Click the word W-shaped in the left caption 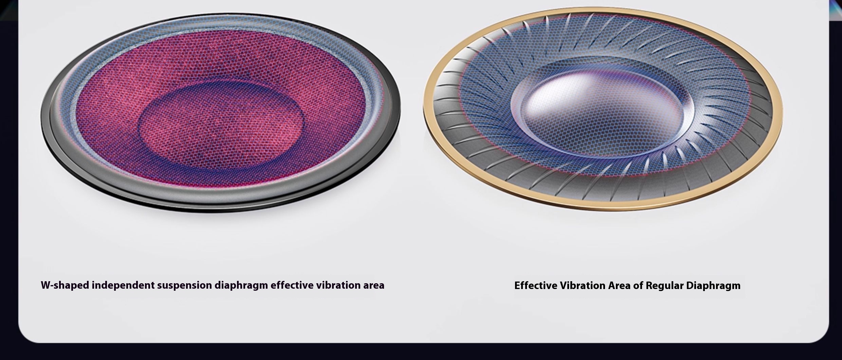65,285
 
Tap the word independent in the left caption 123,285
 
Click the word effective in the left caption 292,285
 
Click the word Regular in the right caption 664,286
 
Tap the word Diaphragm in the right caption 713,286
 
